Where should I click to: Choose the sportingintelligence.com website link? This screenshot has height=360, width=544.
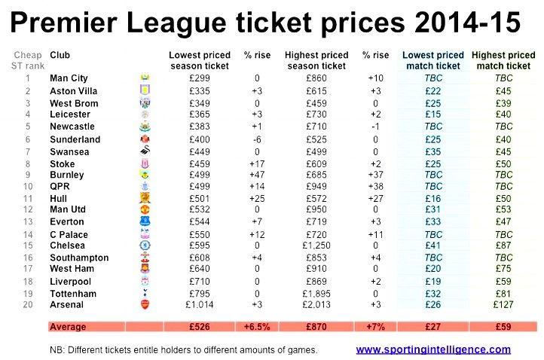(433, 349)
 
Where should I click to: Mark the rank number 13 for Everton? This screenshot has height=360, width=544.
(27, 221)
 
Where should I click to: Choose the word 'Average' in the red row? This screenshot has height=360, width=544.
(69, 328)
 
